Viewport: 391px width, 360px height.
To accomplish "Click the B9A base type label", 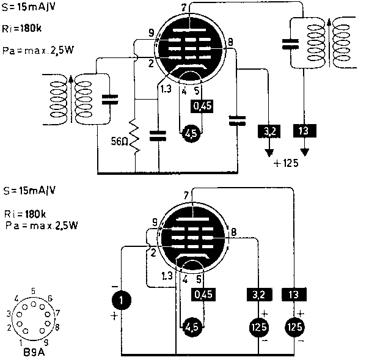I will pyautogui.click(x=29, y=352).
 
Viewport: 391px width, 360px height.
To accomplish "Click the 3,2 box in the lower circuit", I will pyautogui.click(x=258, y=295).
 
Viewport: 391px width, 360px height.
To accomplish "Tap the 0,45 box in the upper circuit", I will pyautogui.click(x=202, y=106).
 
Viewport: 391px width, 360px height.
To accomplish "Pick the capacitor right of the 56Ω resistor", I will pyautogui.click(x=158, y=135).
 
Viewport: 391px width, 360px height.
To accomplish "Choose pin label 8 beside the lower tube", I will pyautogui.click(x=233, y=232).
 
